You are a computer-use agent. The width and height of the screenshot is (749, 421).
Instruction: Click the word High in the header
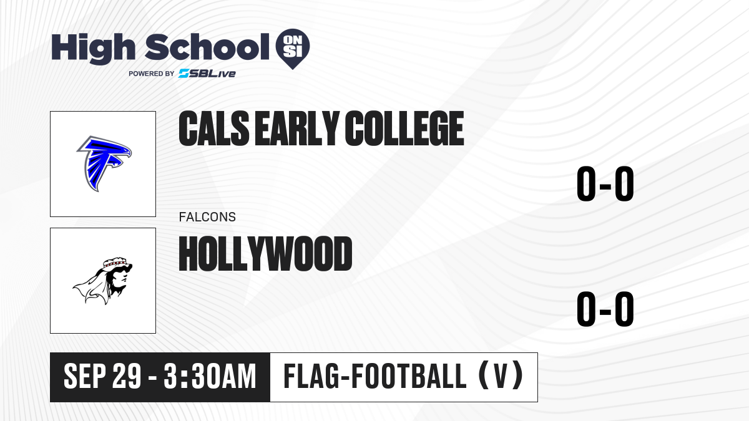point(93,49)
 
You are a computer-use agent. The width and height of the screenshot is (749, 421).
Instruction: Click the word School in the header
point(207,47)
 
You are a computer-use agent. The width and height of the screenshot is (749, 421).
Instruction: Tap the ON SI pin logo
point(293,49)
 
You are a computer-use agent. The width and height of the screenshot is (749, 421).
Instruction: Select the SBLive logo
point(207,74)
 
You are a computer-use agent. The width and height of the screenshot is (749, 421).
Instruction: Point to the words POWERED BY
point(152,74)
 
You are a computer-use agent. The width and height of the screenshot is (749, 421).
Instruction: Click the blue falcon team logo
point(104,163)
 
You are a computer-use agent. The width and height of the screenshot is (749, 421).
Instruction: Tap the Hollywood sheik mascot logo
point(103,281)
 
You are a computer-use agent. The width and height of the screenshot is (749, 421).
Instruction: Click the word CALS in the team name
point(214,128)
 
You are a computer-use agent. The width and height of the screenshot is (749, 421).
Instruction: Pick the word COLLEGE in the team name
point(404,128)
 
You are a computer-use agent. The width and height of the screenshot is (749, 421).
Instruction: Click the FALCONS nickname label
point(207,217)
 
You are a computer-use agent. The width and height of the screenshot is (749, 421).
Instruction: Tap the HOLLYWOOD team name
point(265,253)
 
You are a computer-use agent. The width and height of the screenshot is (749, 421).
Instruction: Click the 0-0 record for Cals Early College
point(605,184)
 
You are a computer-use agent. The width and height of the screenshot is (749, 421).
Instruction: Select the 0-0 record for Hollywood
point(605,309)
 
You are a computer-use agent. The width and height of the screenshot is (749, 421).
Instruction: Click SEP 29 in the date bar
point(102,376)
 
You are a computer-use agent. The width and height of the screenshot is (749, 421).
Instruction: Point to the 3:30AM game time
point(210,376)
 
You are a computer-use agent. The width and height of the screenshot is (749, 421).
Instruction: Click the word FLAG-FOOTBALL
point(375,376)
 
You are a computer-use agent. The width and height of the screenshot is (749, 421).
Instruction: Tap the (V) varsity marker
point(501,376)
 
